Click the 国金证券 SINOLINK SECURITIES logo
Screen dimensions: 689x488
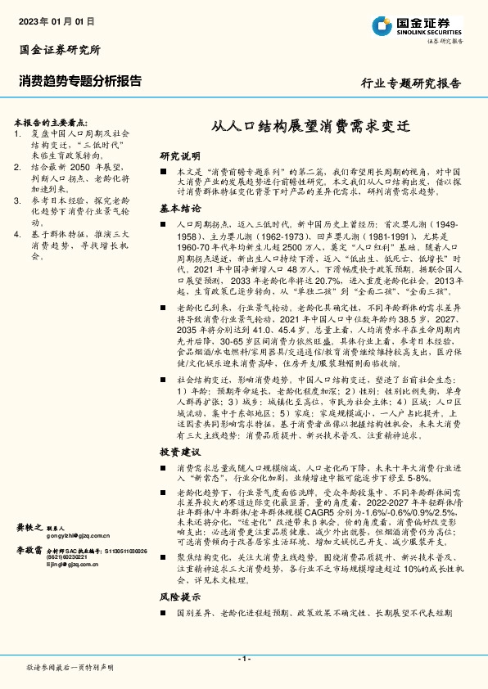422,25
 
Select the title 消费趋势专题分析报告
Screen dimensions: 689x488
79,80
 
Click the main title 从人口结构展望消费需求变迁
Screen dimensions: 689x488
310,127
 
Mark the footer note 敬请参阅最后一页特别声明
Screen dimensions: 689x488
70,667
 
